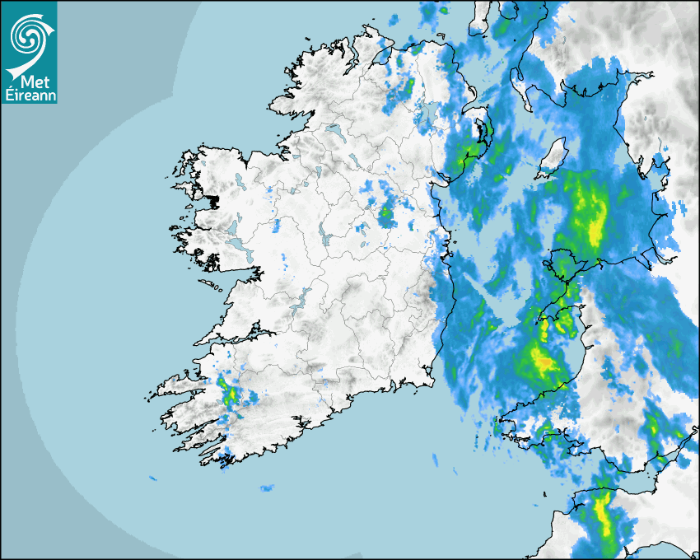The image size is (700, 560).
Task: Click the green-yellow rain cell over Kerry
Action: pyautogui.click(x=230, y=394)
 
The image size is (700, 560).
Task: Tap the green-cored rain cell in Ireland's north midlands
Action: pyautogui.click(x=386, y=216)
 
